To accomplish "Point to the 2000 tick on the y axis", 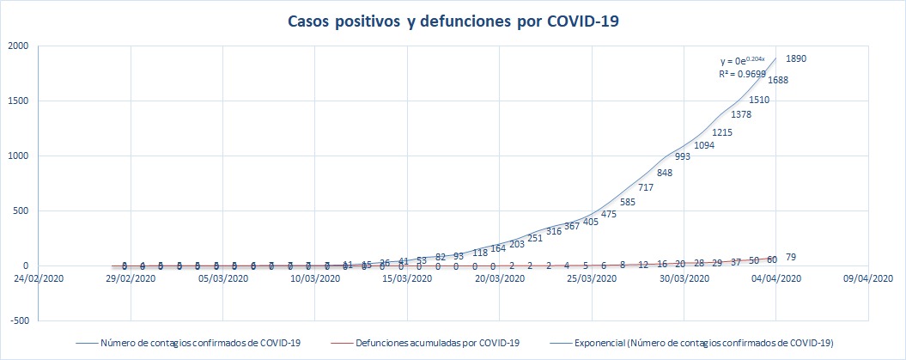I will point(18,46).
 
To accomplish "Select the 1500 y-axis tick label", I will point(18,101).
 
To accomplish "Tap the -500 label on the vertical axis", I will point(17,320).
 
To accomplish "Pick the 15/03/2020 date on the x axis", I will point(408,278).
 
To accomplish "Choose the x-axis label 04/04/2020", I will point(777,278).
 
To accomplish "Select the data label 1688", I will point(778,81).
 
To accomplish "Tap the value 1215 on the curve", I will point(722,132).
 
